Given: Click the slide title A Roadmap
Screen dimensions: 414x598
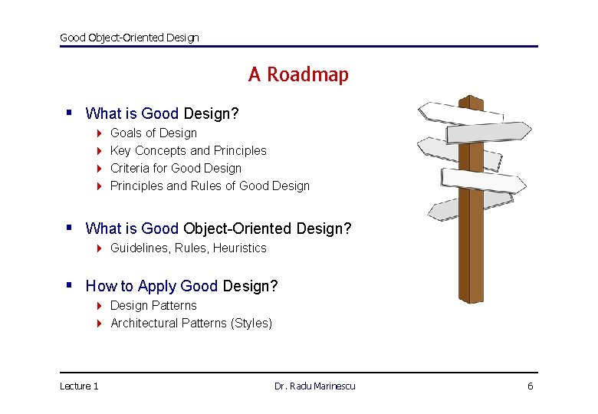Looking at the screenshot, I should click(x=298, y=74).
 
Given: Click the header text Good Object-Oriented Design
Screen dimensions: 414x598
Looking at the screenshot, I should click(x=129, y=37).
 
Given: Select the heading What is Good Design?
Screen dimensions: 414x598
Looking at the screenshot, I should click(x=162, y=113).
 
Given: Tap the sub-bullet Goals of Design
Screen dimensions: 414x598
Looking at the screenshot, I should click(x=153, y=133).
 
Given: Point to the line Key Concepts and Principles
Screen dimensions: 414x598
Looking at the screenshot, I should click(x=188, y=150).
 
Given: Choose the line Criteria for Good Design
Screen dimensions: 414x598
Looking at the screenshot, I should click(x=176, y=168).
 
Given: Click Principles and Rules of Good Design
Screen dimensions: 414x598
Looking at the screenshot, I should click(x=210, y=186).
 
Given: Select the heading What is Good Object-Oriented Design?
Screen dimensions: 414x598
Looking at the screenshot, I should click(x=219, y=228).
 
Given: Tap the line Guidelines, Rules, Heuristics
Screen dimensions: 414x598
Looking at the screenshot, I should click(x=188, y=248).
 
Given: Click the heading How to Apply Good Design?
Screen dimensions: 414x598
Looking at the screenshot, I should click(x=182, y=286).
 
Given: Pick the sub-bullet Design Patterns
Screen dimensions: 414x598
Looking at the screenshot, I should click(x=153, y=305).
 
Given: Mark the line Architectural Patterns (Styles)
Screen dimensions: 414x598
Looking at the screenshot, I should click(x=191, y=323).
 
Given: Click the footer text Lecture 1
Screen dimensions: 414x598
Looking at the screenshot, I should click(x=79, y=386).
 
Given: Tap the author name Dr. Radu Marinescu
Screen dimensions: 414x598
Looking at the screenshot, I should click(x=314, y=386).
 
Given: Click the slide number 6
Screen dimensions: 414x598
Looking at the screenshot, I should click(x=530, y=386).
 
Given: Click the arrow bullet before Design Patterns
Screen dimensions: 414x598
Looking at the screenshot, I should click(x=100, y=306).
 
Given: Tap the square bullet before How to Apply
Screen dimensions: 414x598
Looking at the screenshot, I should click(x=69, y=285).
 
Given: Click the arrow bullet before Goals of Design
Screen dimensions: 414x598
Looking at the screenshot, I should click(x=100, y=133).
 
